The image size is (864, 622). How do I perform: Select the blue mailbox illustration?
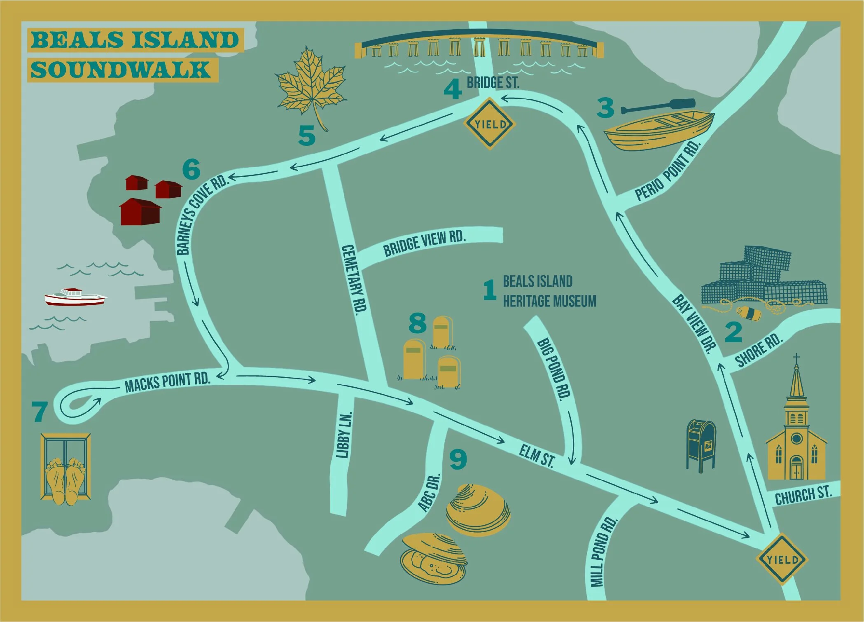(701, 444)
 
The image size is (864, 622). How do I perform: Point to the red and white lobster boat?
(75, 297)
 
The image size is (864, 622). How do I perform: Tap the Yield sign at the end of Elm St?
(782, 559)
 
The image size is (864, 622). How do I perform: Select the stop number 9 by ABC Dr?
(458, 460)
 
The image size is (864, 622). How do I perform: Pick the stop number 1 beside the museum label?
(489, 290)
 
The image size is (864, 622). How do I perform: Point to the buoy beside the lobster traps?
(749, 313)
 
